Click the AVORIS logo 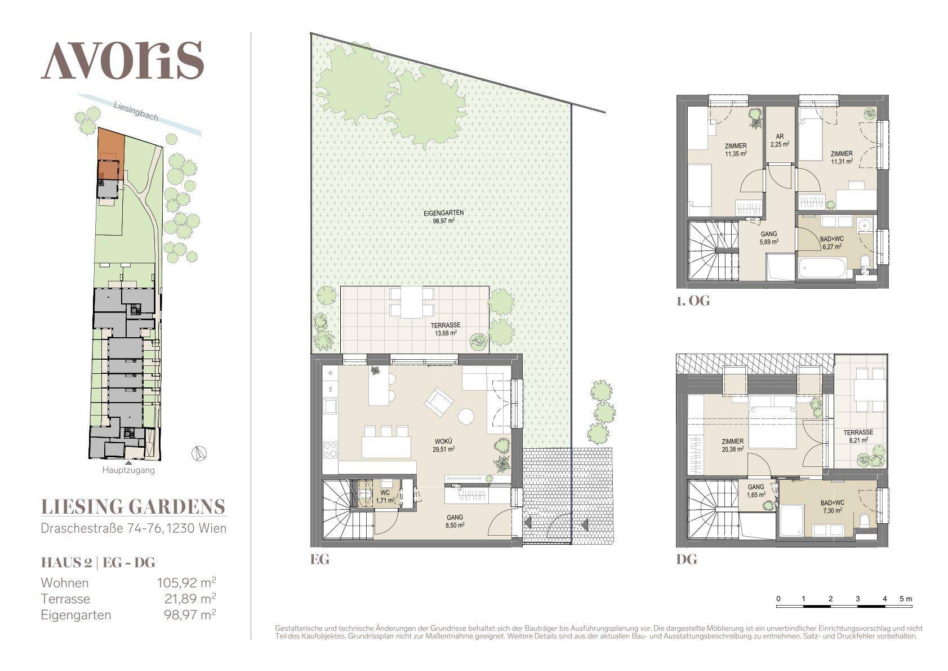[x=122, y=60]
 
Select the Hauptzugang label [x=128, y=470]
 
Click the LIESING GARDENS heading [x=133, y=507]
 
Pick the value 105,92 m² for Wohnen [x=185, y=583]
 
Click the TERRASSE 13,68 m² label [x=446, y=329]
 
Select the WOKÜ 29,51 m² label [x=444, y=446]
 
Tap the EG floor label [x=319, y=560]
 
